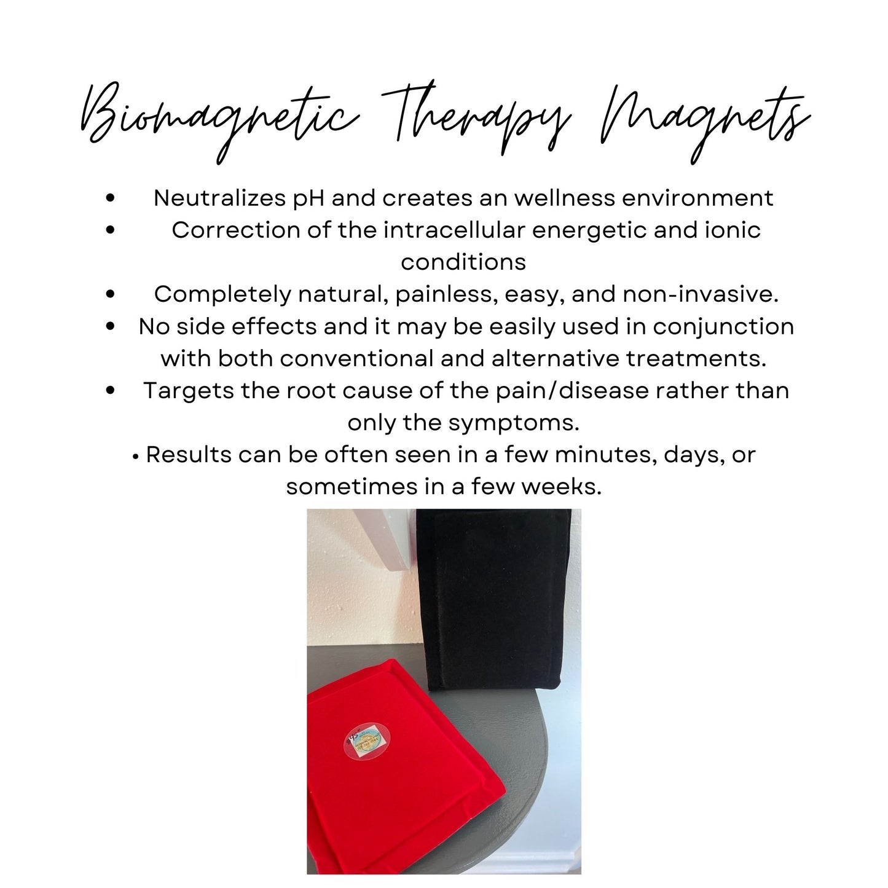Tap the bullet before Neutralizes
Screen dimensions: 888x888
111,198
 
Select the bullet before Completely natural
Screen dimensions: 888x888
111,294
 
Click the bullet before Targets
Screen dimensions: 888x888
111,390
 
